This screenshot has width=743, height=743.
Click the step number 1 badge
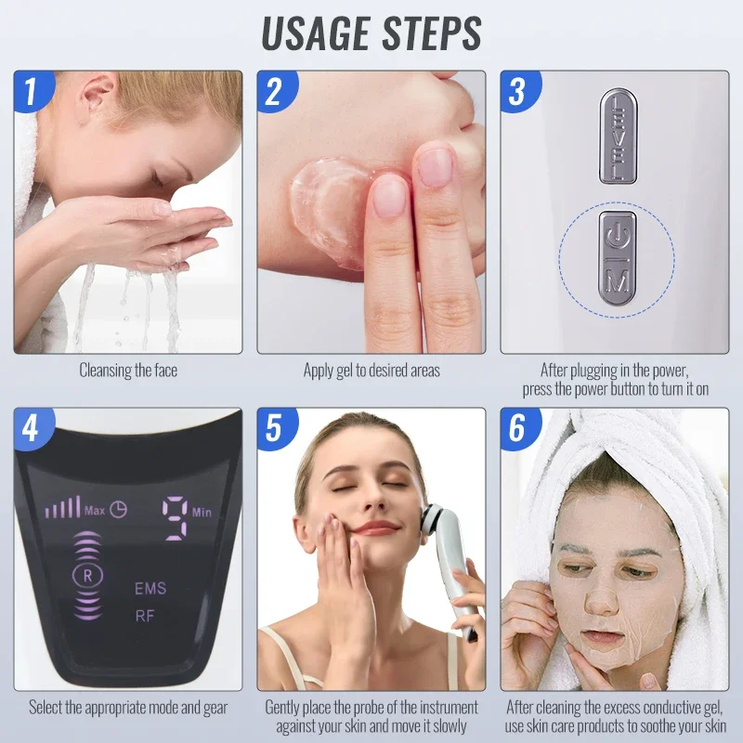pos(31,92)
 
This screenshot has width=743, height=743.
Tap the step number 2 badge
pos(274,92)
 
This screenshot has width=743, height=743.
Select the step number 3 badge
pos(517,92)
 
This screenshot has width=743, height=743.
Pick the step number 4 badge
pos(31,429)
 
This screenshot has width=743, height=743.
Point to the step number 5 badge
pos(274,429)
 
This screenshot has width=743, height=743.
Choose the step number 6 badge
pos(517,429)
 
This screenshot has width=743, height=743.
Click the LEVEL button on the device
pos(614,136)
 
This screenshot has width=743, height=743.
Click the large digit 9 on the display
pos(176,516)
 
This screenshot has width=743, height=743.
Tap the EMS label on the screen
pos(150,588)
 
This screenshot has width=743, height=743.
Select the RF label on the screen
pos(145,613)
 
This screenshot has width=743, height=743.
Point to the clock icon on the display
pos(119,509)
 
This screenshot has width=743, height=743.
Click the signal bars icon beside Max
pos(63,508)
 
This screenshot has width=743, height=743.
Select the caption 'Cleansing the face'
pos(128,371)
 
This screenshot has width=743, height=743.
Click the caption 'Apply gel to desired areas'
pos(371,371)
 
